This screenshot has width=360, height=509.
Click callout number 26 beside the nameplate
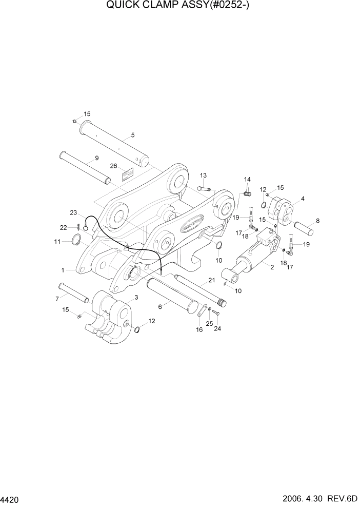click(x=114, y=166)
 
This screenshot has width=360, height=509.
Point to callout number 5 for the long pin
click(x=133, y=135)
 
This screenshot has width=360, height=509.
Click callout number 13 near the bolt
click(x=203, y=175)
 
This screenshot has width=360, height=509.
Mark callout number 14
click(x=247, y=179)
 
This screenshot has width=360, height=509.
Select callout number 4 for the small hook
click(x=303, y=199)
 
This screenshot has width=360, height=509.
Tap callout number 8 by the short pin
click(x=318, y=221)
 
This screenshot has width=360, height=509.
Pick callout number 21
click(x=210, y=280)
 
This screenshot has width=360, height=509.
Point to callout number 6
click(x=160, y=306)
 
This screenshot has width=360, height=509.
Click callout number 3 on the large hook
click(x=136, y=297)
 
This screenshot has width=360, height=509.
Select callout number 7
click(x=57, y=299)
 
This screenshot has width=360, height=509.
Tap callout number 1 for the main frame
click(x=63, y=269)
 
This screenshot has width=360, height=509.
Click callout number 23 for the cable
click(x=73, y=212)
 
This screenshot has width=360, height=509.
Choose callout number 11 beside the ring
click(x=58, y=241)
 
